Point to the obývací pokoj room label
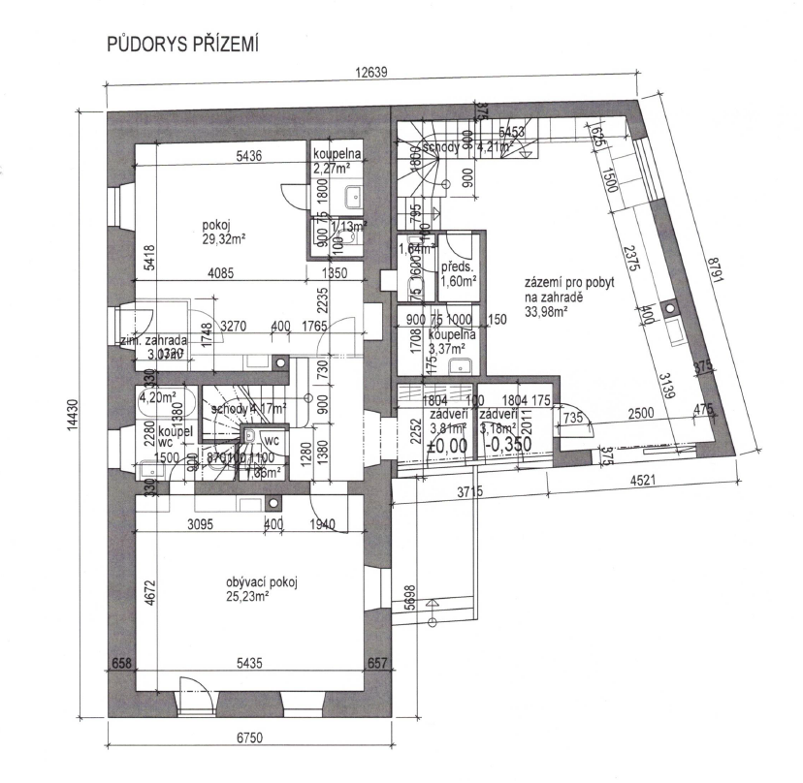[x=260, y=581]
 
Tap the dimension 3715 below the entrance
[x=471, y=494]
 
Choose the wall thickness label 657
[x=377, y=663]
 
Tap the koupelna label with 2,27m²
[x=337, y=161]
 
